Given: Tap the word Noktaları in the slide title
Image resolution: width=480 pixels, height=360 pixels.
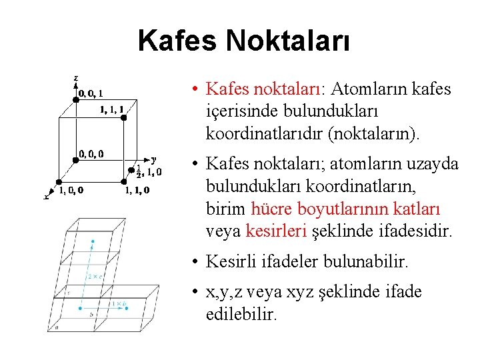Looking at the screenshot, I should pyautogui.click(x=288, y=40).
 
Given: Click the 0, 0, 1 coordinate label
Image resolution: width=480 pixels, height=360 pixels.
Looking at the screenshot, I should pyautogui.click(x=90, y=94).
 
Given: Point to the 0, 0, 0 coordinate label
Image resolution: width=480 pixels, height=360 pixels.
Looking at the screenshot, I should pyautogui.click(x=91, y=155).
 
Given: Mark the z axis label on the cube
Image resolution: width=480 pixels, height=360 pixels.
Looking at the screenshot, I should pyautogui.click(x=75, y=78).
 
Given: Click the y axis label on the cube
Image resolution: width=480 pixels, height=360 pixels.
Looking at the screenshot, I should pyautogui.click(x=154, y=159).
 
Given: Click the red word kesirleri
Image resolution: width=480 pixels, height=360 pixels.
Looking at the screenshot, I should pyautogui.click(x=275, y=231).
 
